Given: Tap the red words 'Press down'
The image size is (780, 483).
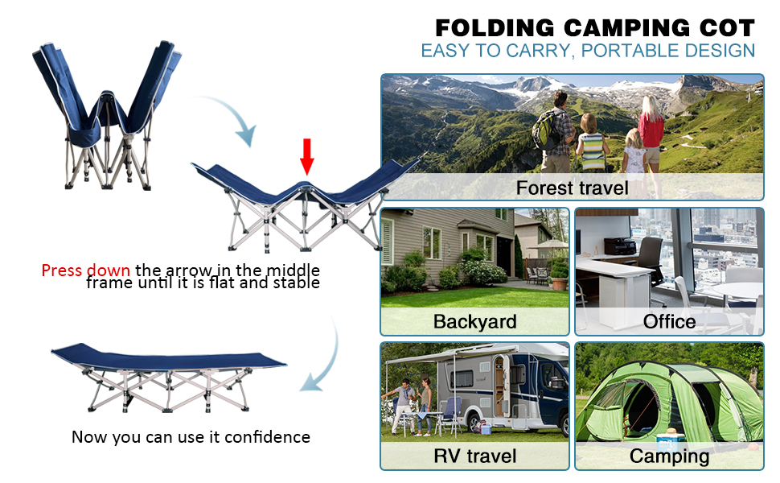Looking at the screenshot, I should pos(85,270).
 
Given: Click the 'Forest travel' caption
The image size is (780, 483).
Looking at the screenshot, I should pos(572,188).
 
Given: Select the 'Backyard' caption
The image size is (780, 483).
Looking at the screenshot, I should pos(474,321).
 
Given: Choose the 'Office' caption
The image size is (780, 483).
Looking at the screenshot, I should pos(669,321).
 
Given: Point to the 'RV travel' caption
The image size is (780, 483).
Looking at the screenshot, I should pos(474,456).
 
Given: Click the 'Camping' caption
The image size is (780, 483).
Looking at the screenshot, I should pos(669,456).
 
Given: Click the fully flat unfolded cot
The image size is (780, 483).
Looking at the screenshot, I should pos(169,374).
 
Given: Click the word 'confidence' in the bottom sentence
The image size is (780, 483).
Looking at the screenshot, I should pos(267,437).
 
